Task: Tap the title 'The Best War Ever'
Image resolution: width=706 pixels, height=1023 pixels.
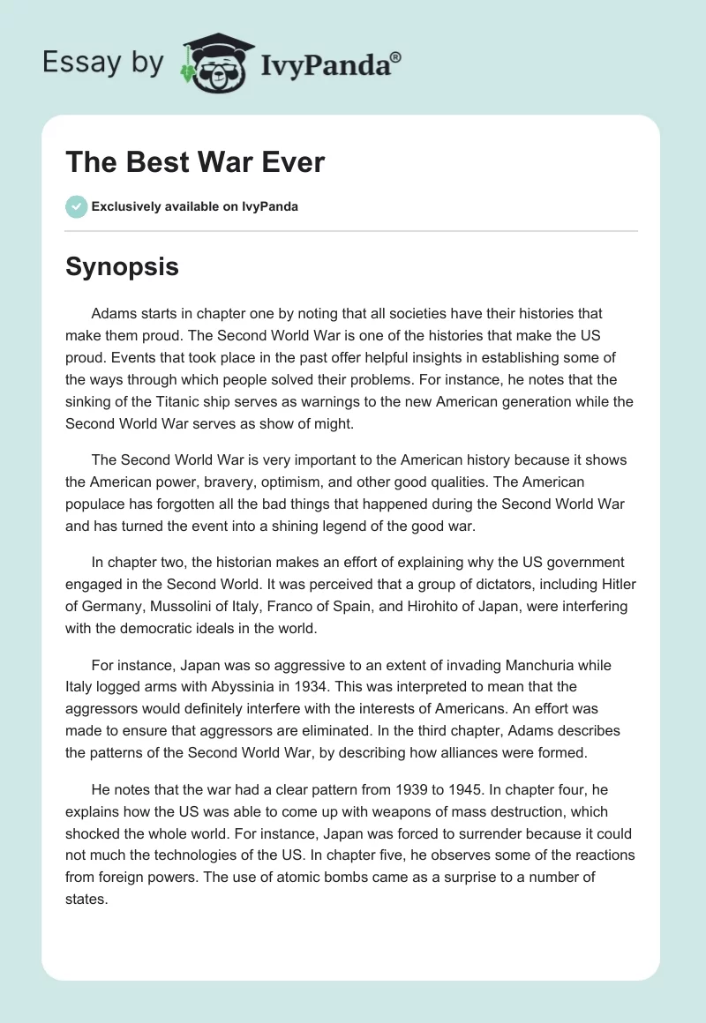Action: [x=195, y=162]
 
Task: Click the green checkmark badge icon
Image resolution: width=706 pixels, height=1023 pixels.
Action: [x=76, y=206]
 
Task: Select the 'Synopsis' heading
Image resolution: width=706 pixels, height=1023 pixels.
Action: [x=122, y=265]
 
